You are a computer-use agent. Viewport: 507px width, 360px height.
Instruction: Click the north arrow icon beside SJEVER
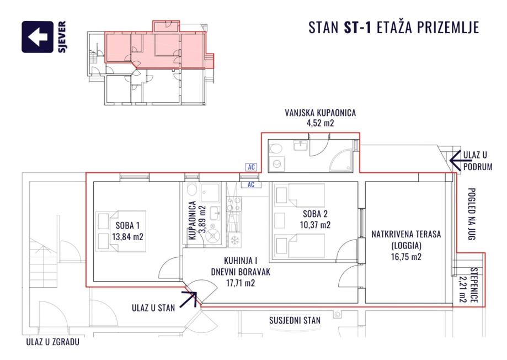tap(38, 37)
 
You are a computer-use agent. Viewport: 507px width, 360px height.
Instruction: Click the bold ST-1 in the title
tap(357, 28)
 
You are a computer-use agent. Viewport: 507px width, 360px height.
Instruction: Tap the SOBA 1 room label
tap(128, 225)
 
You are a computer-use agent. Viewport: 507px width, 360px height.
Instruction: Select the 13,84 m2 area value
tap(128, 237)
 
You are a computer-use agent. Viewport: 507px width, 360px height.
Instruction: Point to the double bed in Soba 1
tap(121, 231)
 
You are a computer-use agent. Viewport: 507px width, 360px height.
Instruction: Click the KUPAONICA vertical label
tap(193, 220)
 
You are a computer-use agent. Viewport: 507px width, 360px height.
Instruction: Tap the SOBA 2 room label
tap(315, 214)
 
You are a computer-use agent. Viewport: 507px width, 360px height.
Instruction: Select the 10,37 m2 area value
tap(315, 225)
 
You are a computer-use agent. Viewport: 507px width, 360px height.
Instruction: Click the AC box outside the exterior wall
tap(251, 167)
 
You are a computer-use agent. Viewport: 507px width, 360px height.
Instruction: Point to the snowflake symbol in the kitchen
tap(234, 240)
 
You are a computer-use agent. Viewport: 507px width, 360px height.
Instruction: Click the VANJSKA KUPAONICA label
tap(320, 113)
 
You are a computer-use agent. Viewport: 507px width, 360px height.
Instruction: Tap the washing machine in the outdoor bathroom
tap(277, 165)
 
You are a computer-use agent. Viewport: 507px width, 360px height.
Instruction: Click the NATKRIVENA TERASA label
tap(406, 234)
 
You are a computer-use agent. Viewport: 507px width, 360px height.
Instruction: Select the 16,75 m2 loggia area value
tap(406, 257)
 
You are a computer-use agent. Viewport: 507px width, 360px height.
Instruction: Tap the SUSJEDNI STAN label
tap(295, 320)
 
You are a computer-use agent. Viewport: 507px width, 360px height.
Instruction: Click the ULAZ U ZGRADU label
tap(53, 342)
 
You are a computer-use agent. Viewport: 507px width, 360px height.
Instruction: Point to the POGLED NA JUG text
tap(472, 214)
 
